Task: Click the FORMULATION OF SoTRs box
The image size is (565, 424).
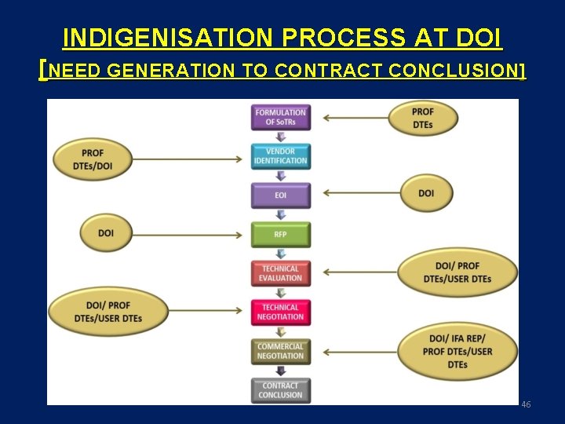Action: point(280,117)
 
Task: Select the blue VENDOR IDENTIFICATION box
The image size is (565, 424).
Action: point(280,155)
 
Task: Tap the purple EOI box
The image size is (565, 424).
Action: point(280,195)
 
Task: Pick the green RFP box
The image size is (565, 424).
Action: point(280,233)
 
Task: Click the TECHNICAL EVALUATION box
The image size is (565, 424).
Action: point(280,272)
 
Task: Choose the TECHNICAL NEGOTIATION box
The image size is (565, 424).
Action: point(280,312)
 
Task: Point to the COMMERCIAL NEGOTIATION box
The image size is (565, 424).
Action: point(280,351)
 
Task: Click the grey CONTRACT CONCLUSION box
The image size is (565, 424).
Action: point(280,390)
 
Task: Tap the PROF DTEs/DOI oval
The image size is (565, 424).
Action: point(93,158)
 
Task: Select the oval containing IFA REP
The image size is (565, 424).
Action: point(457,351)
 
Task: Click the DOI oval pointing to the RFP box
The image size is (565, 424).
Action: point(106,233)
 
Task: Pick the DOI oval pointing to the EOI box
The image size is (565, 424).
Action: point(426,193)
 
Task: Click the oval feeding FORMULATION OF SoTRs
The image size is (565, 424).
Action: point(422,118)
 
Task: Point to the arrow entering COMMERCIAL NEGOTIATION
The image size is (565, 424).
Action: point(361,352)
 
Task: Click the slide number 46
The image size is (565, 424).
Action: point(526,404)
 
